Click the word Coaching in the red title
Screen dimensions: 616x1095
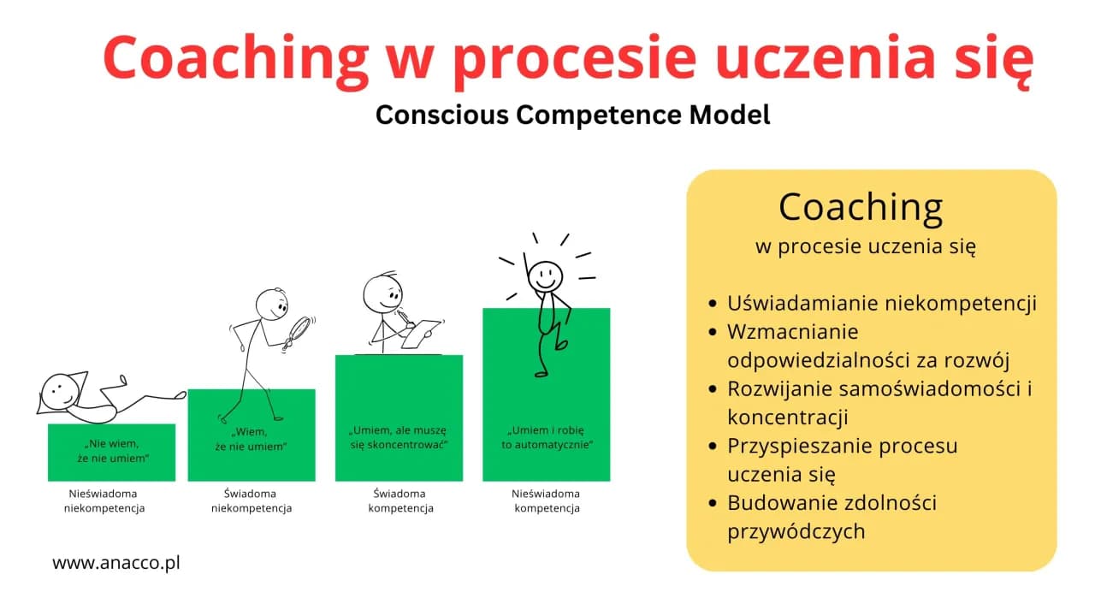click(233, 58)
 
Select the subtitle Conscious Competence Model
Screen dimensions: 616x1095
click(572, 115)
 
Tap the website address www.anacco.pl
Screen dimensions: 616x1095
click(116, 563)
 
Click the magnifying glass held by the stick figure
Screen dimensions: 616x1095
click(300, 329)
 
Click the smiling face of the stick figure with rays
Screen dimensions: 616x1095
click(545, 276)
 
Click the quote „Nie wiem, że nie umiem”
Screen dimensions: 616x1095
click(112, 452)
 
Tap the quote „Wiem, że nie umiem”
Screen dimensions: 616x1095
click(251, 439)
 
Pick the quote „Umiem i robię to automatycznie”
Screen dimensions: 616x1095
click(546, 437)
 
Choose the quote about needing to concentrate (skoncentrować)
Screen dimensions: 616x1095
click(398, 438)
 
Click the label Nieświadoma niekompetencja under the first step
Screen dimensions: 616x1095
click(104, 501)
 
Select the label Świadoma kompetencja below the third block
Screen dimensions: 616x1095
click(400, 501)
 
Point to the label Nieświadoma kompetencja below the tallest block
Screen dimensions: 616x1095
click(546, 501)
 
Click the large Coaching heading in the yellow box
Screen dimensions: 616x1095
click(861, 206)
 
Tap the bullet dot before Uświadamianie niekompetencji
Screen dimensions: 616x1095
click(714, 304)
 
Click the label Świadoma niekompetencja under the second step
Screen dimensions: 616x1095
click(251, 501)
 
